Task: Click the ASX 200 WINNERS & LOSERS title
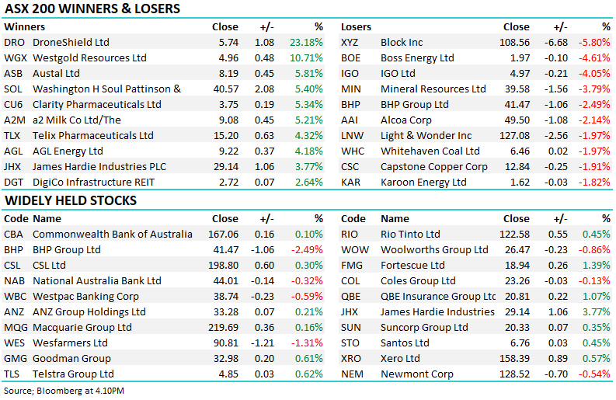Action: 92,9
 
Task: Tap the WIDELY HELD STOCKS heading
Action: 71,201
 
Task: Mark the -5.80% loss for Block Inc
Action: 594,43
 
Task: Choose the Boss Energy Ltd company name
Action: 417,58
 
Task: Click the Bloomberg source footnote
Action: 64,391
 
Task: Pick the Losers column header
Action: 357,27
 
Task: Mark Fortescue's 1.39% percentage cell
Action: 596,266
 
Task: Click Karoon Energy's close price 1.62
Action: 518,183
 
